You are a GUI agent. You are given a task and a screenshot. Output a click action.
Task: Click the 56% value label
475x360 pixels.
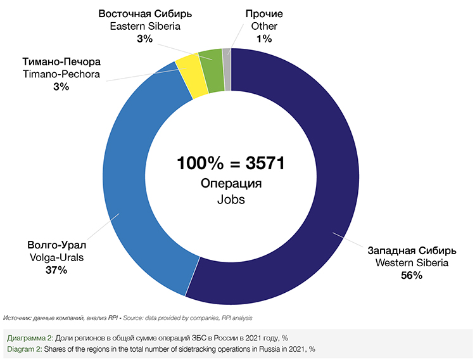pyautogui.click(x=412, y=275)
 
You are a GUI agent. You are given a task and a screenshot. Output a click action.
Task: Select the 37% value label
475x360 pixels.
pyautogui.click(x=56, y=270)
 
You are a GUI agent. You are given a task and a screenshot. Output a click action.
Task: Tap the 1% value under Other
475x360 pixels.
pyautogui.click(x=264, y=39)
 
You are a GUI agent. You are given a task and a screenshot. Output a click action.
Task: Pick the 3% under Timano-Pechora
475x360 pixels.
pyautogui.click(x=61, y=87)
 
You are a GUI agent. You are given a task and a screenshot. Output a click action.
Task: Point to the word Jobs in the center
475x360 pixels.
pyautogui.click(x=231, y=198)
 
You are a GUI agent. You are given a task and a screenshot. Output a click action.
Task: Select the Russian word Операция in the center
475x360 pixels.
pyautogui.click(x=231, y=184)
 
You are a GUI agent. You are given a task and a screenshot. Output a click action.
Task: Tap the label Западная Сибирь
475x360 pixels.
pyautogui.click(x=412, y=249)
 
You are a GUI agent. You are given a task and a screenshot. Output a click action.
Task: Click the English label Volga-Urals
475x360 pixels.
pyautogui.click(x=56, y=257)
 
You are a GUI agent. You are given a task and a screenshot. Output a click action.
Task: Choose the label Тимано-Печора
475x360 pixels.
pyautogui.click(x=61, y=62)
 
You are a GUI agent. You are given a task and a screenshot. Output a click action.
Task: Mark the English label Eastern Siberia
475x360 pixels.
pyautogui.click(x=144, y=26)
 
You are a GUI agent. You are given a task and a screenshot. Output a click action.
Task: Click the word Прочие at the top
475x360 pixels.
pyautogui.click(x=264, y=13)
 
